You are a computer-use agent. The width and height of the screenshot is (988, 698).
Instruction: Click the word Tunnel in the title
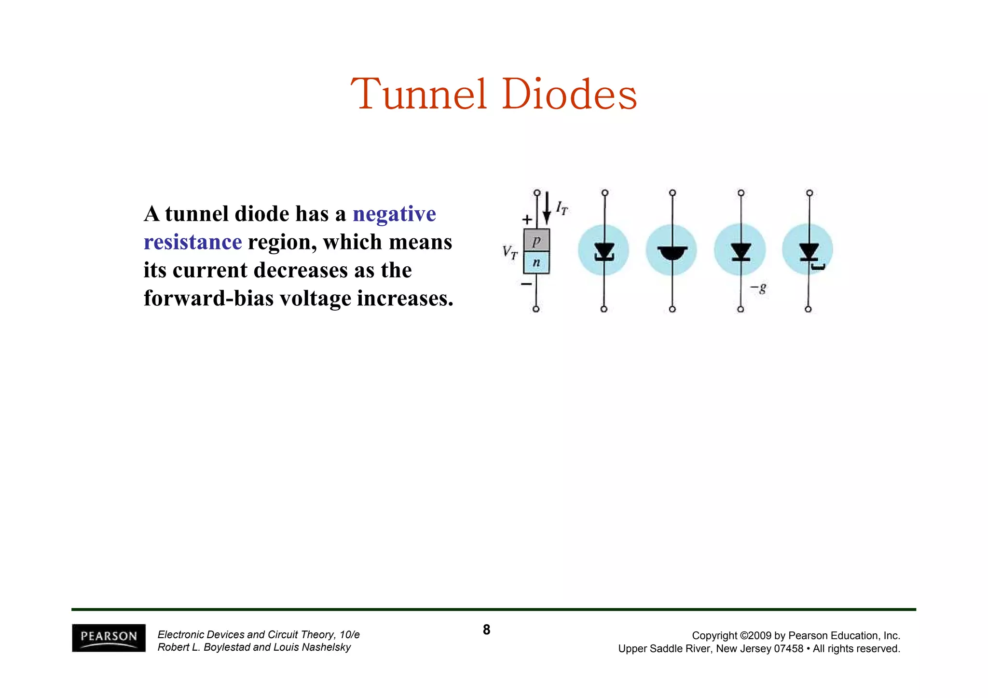pyautogui.click(x=419, y=94)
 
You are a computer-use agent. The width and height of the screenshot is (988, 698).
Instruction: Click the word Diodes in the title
pyautogui.click(x=569, y=94)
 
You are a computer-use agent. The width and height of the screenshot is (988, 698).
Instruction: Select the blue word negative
pyautogui.click(x=394, y=214)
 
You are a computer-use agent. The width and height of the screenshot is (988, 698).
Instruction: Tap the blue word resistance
pyautogui.click(x=192, y=242)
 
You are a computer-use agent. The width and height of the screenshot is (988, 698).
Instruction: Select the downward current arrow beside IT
pyautogui.click(x=547, y=207)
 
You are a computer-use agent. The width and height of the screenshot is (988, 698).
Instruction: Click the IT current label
pyautogui.click(x=562, y=208)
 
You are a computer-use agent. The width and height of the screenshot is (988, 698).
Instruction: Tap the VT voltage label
pyautogui.click(x=510, y=252)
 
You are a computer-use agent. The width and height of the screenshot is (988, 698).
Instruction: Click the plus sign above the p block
pyautogui.click(x=527, y=220)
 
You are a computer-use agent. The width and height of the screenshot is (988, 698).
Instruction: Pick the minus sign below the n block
pyautogui.click(x=526, y=284)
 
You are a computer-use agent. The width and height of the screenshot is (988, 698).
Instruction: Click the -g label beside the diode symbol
pyautogui.click(x=758, y=288)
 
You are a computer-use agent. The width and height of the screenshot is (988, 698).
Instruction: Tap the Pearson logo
pyautogui.click(x=109, y=638)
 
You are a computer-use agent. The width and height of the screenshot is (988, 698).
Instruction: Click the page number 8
pyautogui.click(x=486, y=630)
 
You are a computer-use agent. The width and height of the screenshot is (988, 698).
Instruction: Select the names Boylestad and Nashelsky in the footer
pyautogui.click(x=254, y=647)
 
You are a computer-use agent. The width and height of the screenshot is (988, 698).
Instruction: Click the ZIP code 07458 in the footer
pyautogui.click(x=789, y=649)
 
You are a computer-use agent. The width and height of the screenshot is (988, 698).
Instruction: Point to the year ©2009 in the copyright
pyautogui.click(x=755, y=636)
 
